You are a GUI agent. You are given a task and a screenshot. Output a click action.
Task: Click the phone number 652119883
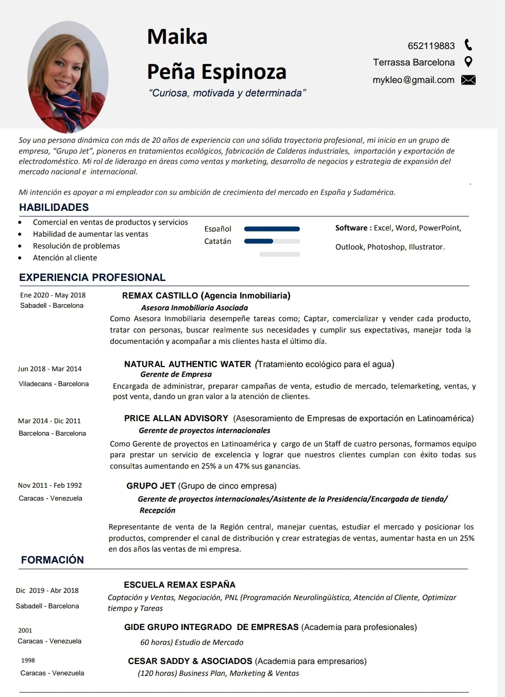431,46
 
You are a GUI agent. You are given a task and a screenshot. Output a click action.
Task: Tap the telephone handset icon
468,45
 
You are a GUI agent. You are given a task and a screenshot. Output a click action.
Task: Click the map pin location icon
468,62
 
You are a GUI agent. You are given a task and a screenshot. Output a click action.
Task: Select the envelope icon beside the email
468,80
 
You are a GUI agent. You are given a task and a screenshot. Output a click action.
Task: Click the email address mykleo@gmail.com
413,80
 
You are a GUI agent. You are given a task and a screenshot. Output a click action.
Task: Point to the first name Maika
177,37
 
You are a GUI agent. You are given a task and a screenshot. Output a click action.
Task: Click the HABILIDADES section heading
54,207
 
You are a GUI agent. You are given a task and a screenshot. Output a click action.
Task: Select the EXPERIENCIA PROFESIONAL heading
92,277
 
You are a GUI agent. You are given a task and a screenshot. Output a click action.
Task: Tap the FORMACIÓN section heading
52,560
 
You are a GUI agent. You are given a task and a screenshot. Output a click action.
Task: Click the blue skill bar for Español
272,229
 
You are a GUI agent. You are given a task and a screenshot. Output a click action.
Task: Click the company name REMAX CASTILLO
160,295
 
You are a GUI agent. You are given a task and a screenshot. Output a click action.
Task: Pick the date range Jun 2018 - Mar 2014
49,369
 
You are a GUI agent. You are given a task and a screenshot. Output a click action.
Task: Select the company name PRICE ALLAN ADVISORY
176,418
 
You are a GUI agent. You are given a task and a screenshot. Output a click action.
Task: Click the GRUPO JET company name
151,486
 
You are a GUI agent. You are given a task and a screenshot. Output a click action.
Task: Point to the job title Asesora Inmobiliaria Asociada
194,308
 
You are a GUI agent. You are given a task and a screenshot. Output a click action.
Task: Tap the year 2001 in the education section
25,630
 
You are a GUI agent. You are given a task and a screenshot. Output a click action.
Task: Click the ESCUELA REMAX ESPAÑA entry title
179,585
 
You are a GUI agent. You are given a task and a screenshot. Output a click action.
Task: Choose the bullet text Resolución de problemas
76,246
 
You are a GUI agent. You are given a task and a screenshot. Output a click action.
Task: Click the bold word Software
351,228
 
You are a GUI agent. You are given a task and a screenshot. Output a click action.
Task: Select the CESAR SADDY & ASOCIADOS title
190,661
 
